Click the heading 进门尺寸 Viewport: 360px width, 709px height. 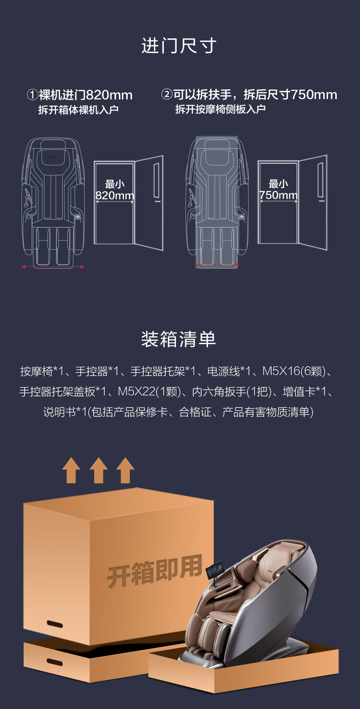(179, 46)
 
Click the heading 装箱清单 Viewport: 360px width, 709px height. (179, 339)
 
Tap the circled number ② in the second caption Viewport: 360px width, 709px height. (167, 94)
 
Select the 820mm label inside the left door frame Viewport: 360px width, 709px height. (115, 196)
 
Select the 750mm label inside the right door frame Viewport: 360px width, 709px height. (278, 195)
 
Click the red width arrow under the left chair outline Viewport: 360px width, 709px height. (53, 267)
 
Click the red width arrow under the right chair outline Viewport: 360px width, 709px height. (217, 265)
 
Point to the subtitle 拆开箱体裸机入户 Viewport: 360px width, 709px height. (79, 110)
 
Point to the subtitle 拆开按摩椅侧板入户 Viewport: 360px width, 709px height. (220, 109)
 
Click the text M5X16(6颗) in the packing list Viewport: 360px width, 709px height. (294, 371)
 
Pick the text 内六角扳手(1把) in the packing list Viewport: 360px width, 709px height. (232, 392)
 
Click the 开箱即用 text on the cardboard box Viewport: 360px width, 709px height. (155, 571)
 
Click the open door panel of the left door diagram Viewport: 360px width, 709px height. (148, 202)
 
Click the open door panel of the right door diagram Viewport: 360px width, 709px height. (312, 202)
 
